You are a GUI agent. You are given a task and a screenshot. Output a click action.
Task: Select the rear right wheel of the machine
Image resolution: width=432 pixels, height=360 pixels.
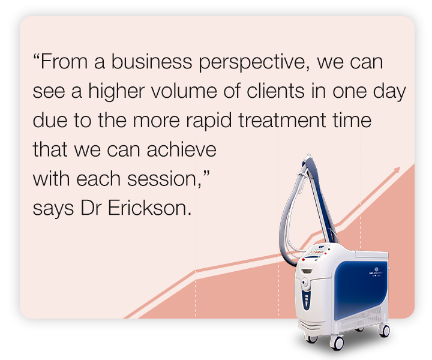coord(384,330)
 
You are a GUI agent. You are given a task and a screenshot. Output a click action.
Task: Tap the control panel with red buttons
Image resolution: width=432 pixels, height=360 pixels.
coord(316,255)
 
